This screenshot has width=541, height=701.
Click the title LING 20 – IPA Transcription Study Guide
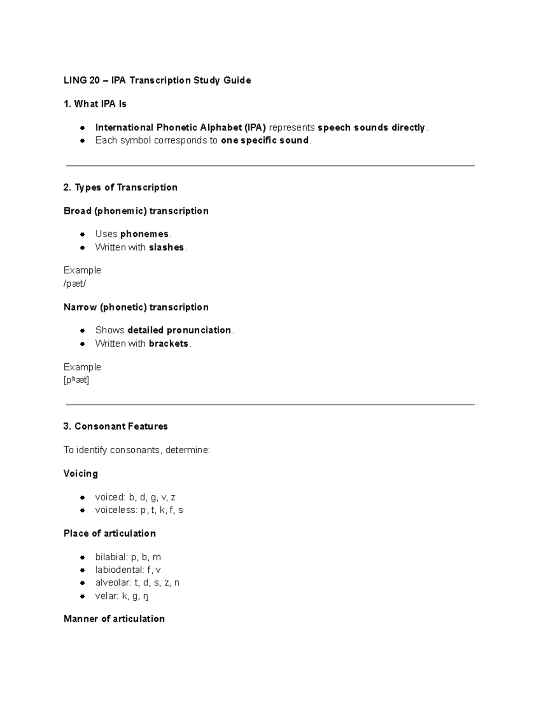pos(157,80)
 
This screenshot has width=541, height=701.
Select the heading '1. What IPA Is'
pos(95,104)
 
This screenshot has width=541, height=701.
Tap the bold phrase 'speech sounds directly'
pos(371,128)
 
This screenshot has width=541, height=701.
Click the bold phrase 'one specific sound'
pos(265,140)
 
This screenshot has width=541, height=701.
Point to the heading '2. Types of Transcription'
pos(120,187)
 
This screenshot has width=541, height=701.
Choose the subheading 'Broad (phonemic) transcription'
pos(136,211)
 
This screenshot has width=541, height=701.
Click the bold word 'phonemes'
pos(144,234)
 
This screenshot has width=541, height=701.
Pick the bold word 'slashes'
pos(166,247)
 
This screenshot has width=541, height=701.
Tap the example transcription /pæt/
pos(74,283)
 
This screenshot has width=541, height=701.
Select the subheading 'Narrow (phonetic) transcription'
pos(136,307)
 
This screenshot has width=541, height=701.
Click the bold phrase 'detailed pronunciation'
pos(179,330)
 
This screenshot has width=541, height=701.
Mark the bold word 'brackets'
pos(168,344)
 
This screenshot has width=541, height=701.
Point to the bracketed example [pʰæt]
pos(76,380)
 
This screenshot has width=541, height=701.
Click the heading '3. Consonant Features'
pos(115,426)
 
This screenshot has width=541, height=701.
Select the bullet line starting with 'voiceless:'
pos(139,510)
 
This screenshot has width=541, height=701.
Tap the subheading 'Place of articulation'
pos(110,534)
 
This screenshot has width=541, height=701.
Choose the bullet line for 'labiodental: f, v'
pos(128,570)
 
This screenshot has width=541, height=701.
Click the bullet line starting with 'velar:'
pos(122,596)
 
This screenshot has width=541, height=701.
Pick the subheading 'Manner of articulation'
pos(114,618)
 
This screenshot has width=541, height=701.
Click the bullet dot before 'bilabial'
pos(82,557)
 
